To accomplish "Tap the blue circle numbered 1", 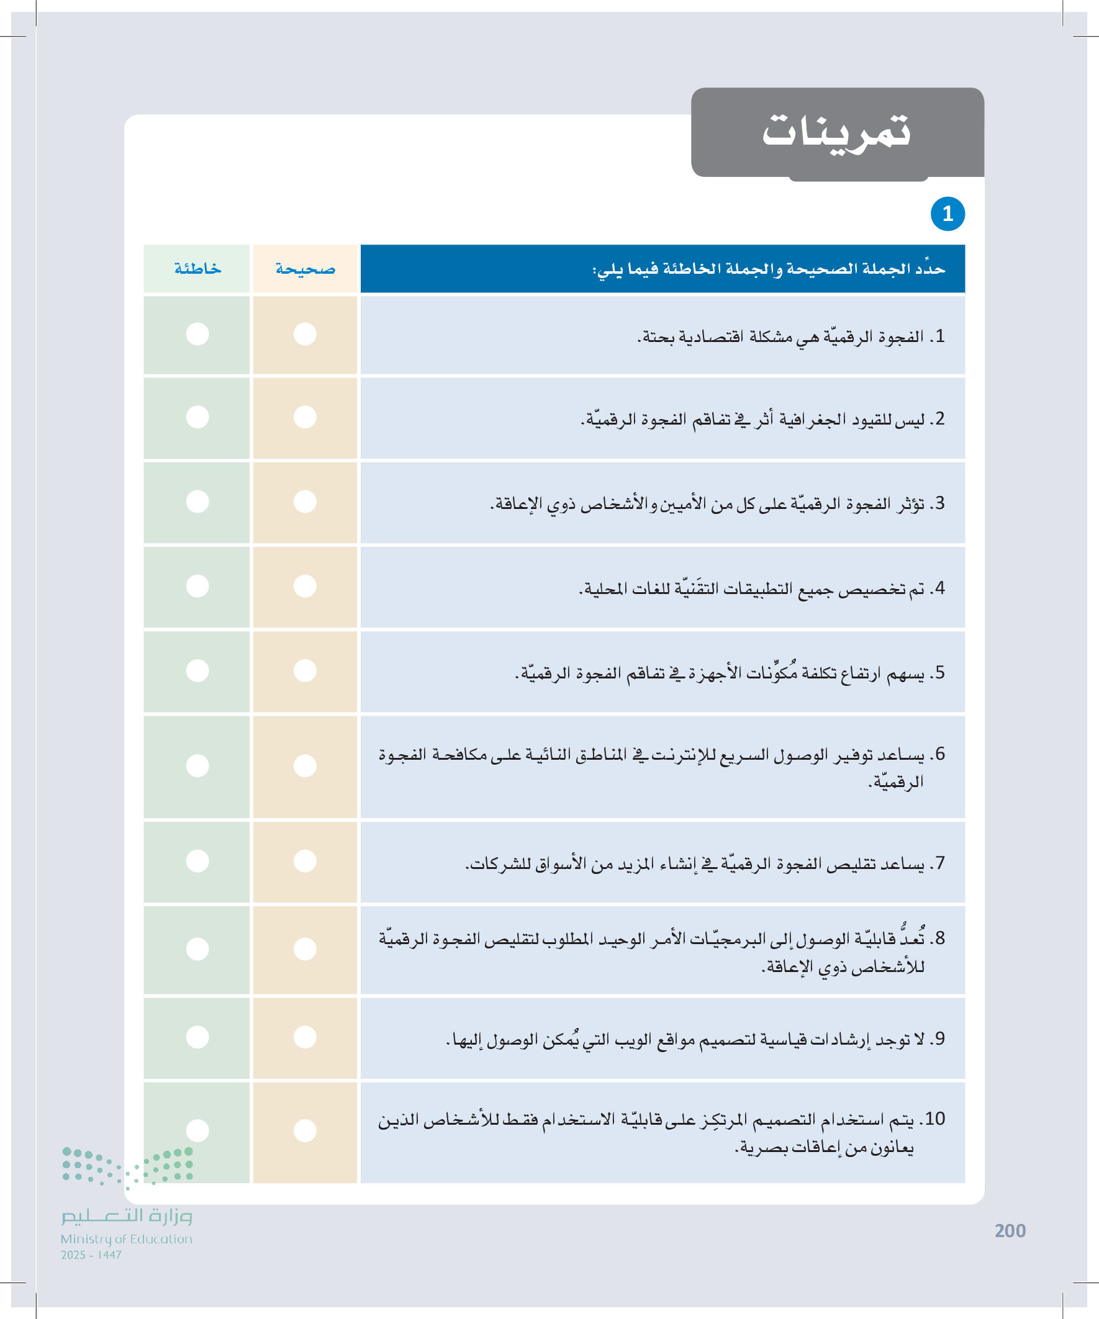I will [947, 214].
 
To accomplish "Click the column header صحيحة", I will [305, 269].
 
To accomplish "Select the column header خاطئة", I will [197, 269].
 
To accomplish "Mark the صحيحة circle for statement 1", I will [305, 333].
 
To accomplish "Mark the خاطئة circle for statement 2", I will [197, 417].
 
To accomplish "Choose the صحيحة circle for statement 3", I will [305, 502].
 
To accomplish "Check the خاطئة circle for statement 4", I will [197, 586].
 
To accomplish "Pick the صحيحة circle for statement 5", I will [305, 671].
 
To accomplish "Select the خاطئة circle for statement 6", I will [197, 766].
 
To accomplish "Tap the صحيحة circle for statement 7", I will [305, 860].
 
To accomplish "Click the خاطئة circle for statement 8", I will [197, 949].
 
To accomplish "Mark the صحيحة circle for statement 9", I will [305, 1037].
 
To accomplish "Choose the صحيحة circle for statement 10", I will [305, 1130].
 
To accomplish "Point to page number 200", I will [1010, 1231].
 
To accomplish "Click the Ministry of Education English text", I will [126, 1239].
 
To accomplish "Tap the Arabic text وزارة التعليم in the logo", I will [126, 1216].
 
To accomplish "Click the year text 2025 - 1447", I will [91, 1256].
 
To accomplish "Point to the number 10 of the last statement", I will [934, 1119].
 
